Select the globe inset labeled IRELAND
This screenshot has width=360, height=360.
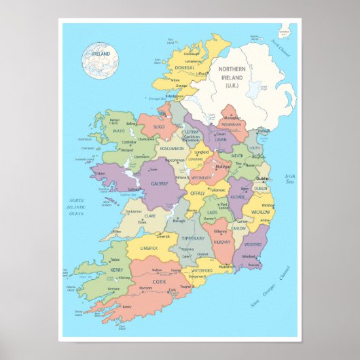(x=100, y=59)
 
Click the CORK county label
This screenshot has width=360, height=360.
(x=159, y=281)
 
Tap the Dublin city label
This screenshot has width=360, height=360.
(x=262, y=179)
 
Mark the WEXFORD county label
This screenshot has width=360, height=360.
(x=253, y=245)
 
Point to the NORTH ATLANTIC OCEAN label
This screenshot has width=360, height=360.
(x=75, y=207)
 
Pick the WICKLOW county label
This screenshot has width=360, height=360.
(x=262, y=212)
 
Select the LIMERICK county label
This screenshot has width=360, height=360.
(x=149, y=248)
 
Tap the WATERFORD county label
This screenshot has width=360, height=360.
(x=202, y=270)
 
